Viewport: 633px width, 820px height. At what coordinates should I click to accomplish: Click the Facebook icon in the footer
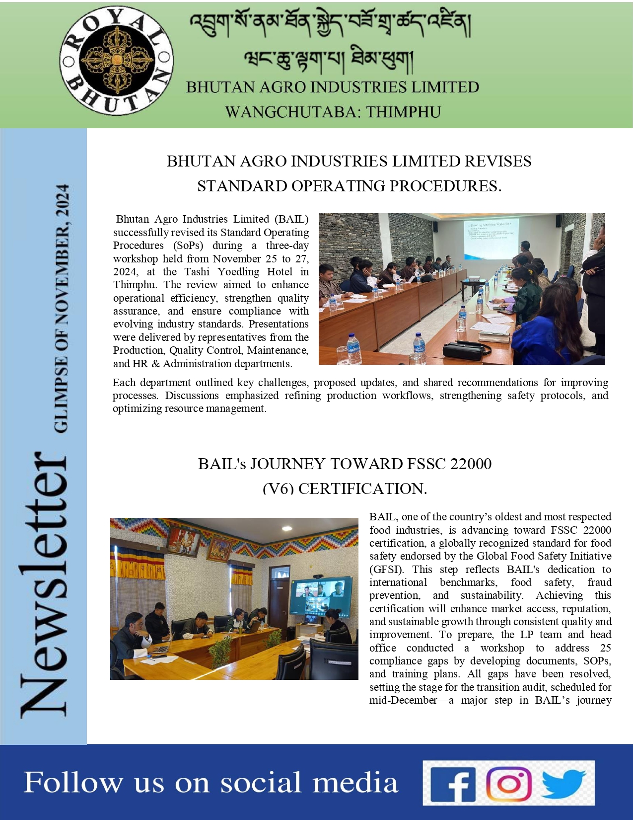pos(453,784)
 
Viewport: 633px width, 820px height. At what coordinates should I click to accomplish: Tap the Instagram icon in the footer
pos(508,784)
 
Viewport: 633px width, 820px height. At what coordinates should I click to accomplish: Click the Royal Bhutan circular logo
pos(117,61)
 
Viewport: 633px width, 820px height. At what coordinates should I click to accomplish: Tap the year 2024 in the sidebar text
pos(62,201)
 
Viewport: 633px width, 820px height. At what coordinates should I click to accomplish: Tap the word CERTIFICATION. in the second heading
pos(362,489)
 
